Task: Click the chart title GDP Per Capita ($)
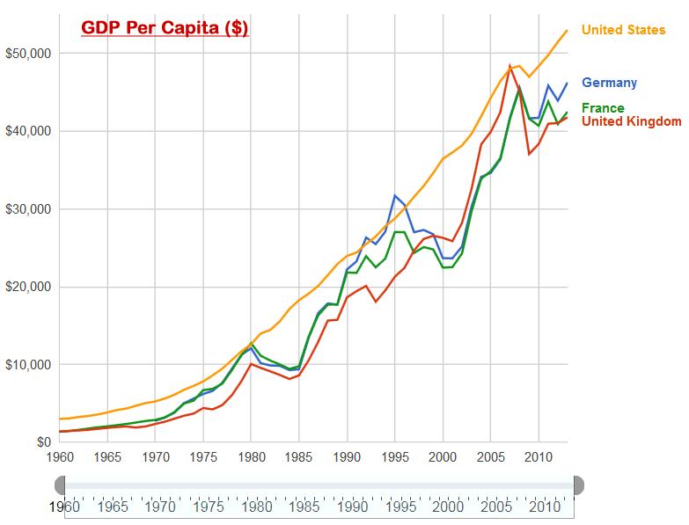165,28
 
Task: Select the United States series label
623,30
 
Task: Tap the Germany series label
609,83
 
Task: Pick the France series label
603,108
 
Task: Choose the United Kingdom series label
631,121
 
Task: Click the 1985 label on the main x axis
299,457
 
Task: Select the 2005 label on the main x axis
490,457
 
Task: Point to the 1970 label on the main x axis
156,457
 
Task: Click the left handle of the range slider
60,485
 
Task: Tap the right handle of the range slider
578,485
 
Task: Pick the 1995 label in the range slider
400,507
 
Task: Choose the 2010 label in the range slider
544,507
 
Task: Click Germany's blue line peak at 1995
395,195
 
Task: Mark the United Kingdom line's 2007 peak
509,65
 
